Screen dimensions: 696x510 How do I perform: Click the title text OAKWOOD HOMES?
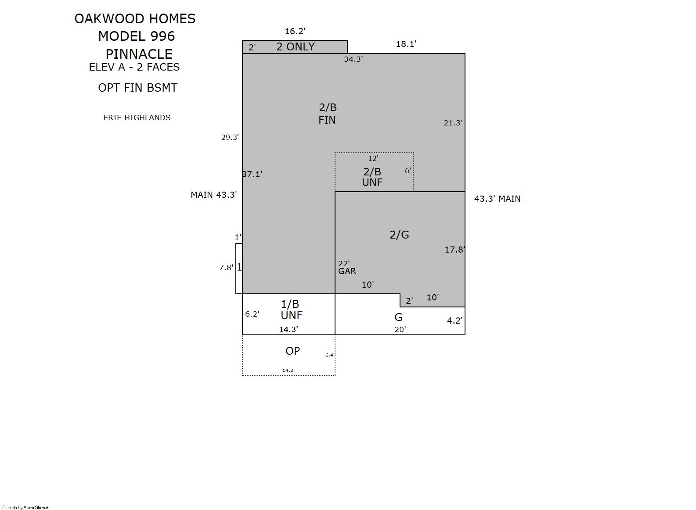click(x=135, y=18)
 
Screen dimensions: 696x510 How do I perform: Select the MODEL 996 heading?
click(x=137, y=36)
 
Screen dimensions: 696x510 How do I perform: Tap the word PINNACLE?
click(x=139, y=54)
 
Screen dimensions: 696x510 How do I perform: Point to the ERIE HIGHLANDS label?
click(x=137, y=118)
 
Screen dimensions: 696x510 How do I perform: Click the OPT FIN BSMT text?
click(x=137, y=88)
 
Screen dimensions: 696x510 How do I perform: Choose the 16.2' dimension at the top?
click(x=295, y=31)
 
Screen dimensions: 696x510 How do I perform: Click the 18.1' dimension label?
click(x=406, y=44)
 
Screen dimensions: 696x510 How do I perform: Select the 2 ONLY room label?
click(x=296, y=47)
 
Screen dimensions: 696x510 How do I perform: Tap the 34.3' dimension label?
click(x=353, y=59)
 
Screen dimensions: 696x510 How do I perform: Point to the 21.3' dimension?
click(x=453, y=123)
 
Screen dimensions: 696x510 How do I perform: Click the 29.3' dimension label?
click(x=230, y=137)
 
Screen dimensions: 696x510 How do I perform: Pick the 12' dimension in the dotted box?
click(x=373, y=158)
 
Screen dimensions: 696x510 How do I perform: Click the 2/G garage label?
click(x=399, y=235)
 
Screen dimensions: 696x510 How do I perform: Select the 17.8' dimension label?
click(x=454, y=250)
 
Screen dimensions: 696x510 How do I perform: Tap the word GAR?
click(x=347, y=271)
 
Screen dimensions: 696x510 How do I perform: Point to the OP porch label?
click(x=293, y=351)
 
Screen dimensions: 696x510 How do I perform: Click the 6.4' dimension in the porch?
click(x=330, y=355)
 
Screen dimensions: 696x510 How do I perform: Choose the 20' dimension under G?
click(x=400, y=329)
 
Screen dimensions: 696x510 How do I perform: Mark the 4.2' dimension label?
click(x=455, y=321)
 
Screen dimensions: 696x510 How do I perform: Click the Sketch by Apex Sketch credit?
click(x=26, y=507)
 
